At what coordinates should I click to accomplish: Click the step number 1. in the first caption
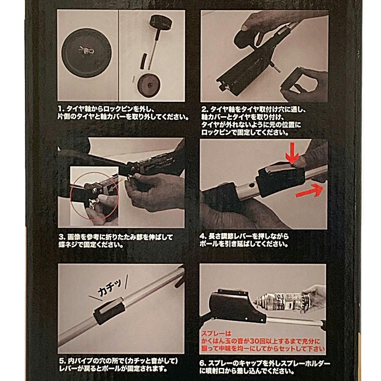click(61, 109)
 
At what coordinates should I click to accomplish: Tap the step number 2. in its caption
click(205, 109)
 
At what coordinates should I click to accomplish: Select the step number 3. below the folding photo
click(62, 237)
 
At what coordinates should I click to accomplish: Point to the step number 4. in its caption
click(203, 236)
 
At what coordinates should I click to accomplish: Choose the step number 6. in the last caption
click(203, 364)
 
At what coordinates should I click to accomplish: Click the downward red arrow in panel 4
click(292, 153)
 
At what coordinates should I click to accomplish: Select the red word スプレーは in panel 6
click(216, 333)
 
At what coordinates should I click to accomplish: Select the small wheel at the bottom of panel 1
click(149, 85)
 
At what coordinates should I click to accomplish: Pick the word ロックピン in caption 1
click(119, 109)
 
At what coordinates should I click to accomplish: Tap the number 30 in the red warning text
click(255, 341)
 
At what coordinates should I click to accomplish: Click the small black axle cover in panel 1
click(144, 61)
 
